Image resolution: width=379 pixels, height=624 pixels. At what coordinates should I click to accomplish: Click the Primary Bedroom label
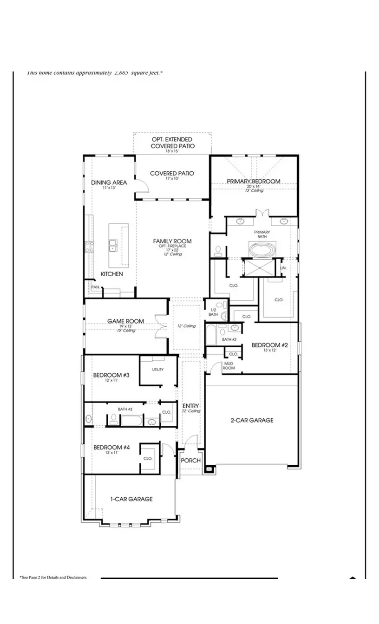[253, 181]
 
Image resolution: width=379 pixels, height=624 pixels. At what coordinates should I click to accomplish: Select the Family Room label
[172, 241]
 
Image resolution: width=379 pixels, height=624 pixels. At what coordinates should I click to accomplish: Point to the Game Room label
[125, 321]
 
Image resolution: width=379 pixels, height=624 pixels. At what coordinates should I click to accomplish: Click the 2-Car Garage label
[252, 420]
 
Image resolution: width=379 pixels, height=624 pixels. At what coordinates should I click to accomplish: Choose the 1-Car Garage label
[131, 499]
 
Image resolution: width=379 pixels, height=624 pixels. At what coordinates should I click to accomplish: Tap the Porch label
[191, 461]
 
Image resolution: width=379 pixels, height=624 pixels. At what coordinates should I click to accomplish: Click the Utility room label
[158, 370]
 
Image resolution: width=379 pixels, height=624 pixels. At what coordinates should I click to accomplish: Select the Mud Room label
[229, 365]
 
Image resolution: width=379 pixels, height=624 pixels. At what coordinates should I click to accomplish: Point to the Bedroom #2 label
[270, 345]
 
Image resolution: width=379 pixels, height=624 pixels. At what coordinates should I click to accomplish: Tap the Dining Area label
[109, 182]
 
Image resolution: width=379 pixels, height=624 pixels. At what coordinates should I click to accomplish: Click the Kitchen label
[112, 274]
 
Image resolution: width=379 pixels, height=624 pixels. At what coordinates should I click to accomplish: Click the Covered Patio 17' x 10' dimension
[171, 179]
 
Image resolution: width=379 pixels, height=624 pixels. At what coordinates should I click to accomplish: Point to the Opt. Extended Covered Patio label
[172, 143]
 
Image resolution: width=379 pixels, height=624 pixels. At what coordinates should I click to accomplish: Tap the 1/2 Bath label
[214, 312]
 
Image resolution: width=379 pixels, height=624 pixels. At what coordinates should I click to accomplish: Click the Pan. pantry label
[95, 287]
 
